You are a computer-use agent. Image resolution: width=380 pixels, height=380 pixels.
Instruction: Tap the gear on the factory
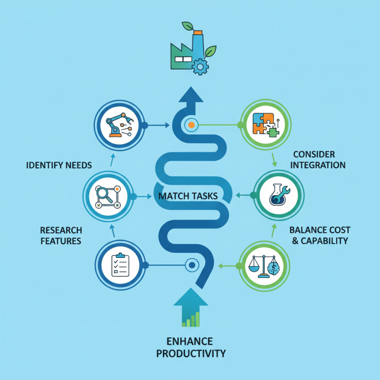[200, 66]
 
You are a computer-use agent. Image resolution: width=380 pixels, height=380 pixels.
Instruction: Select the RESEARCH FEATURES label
[60, 235]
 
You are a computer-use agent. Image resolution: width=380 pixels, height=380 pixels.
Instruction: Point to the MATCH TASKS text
[188, 196]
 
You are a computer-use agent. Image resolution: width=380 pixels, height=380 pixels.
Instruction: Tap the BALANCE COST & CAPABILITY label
[318, 235]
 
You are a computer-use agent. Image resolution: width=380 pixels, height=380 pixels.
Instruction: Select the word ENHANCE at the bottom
[190, 342]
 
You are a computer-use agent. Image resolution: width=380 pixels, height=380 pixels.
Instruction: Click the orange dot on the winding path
[191, 125]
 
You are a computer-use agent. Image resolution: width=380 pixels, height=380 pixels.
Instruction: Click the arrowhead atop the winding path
[191, 95]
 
